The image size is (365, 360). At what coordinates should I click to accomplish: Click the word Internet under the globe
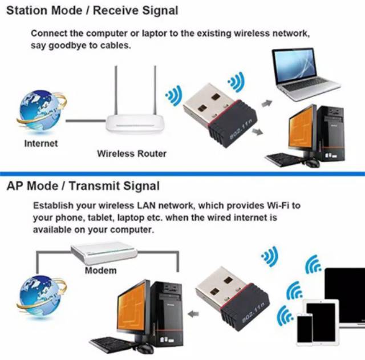(x=41, y=143)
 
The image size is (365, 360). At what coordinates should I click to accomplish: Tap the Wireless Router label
(x=132, y=153)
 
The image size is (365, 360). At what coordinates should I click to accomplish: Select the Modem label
(x=101, y=270)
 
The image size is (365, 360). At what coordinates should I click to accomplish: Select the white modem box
(x=104, y=253)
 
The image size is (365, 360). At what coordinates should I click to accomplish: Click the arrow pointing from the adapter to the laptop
(x=267, y=103)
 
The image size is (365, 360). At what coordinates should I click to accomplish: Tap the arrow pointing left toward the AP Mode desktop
(x=193, y=314)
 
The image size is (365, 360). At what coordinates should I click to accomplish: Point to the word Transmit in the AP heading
(x=94, y=186)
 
